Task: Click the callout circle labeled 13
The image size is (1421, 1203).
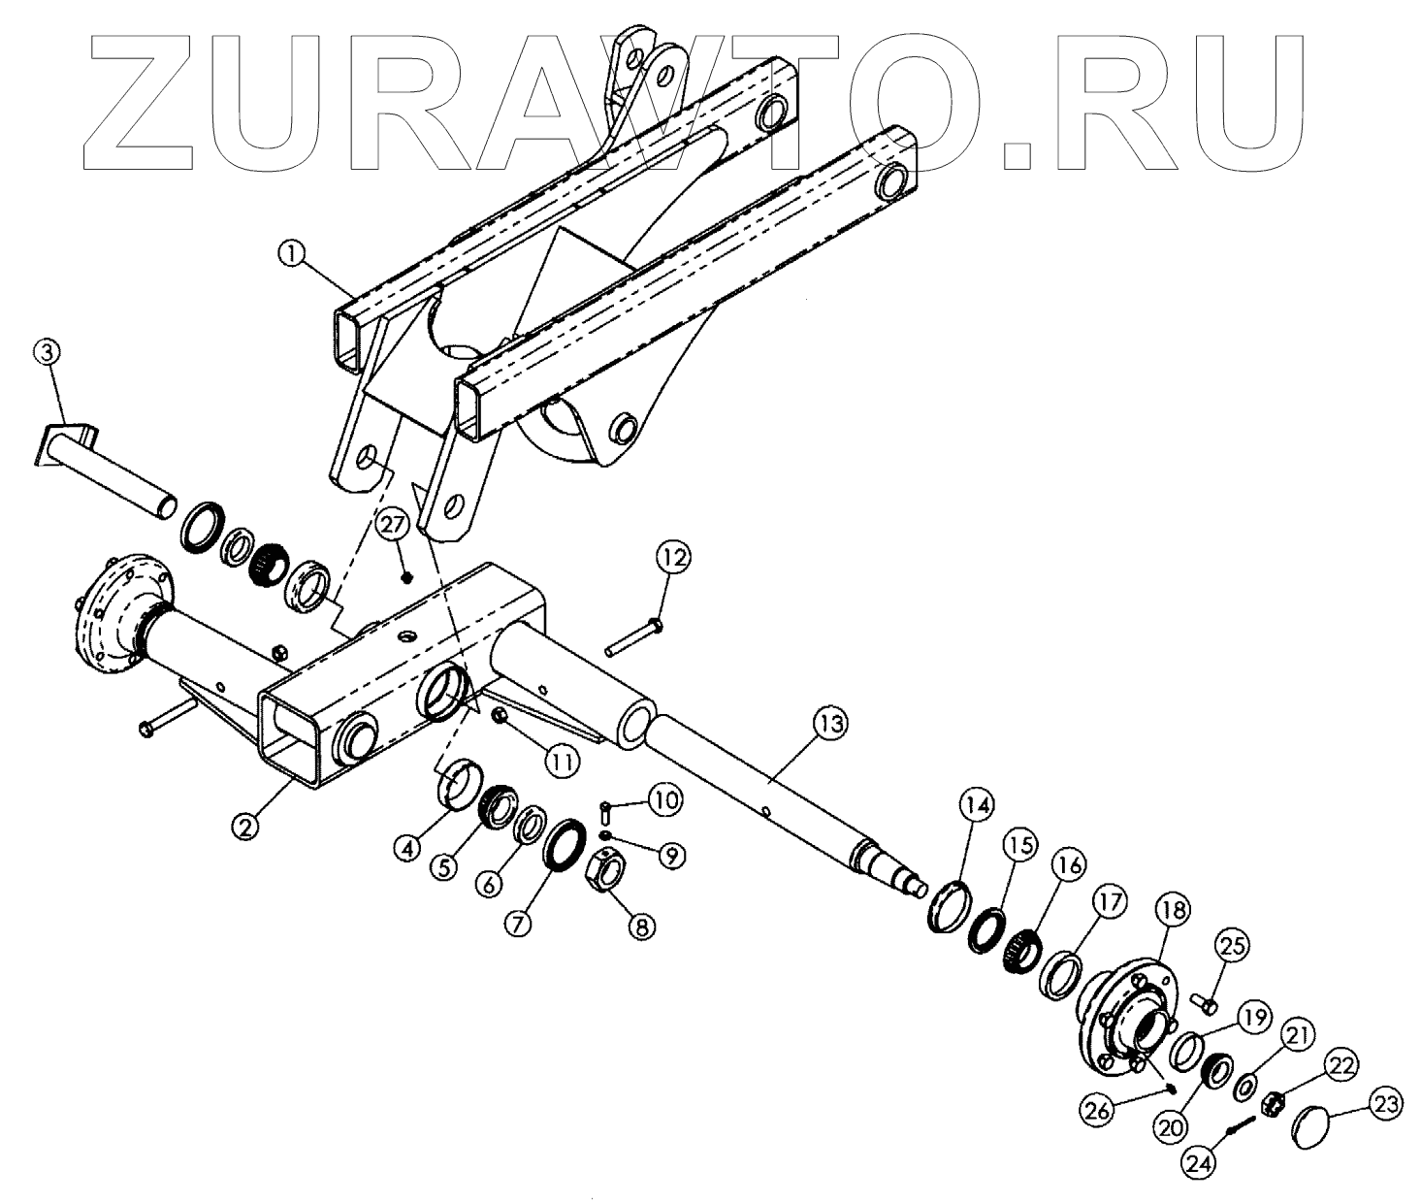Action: (x=831, y=724)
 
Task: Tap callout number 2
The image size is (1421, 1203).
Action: (x=245, y=827)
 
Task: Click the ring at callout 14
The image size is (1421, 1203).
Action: (x=947, y=904)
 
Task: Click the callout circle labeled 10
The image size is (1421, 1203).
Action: (x=664, y=800)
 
